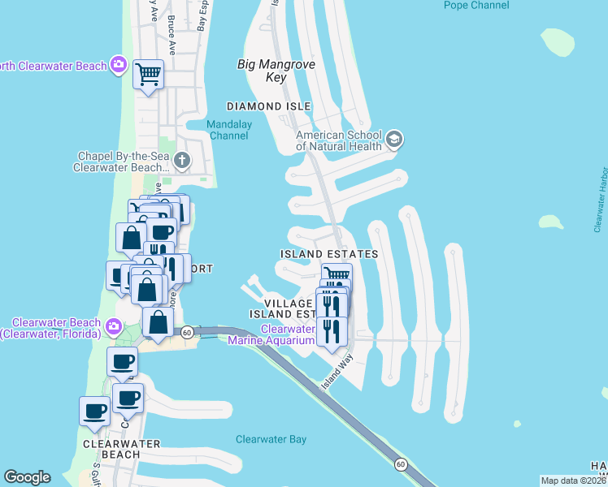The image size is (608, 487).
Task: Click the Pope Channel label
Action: pos(476,5)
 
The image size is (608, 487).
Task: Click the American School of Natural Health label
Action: pos(339,140)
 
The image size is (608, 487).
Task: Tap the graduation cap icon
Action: pos(395,140)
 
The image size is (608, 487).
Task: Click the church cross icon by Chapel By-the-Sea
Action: pos(181,161)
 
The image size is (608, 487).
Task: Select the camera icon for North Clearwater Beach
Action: pos(119,65)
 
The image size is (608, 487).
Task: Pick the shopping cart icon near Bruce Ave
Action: pos(148,74)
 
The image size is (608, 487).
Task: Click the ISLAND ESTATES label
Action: pos(329,254)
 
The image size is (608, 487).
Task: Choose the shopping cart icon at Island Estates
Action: pos(337,275)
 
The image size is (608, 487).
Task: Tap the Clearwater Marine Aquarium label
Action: pos(289,334)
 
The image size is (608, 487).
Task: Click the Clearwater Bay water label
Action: pos(271,439)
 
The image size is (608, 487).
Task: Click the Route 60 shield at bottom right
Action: pos(402,464)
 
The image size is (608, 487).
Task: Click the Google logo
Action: pos(27,477)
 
